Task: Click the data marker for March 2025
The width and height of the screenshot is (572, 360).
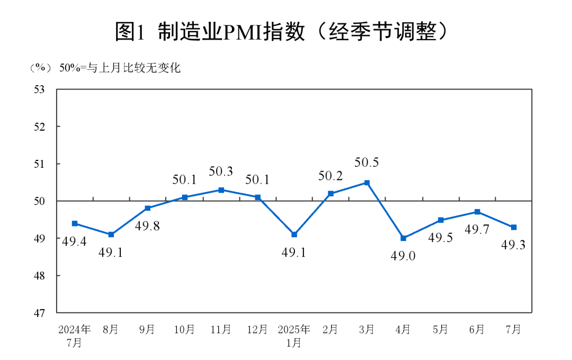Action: [367, 183]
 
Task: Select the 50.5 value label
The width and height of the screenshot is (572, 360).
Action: [367, 163]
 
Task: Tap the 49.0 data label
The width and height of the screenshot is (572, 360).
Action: [404, 256]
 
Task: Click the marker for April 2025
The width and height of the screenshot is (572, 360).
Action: [404, 238]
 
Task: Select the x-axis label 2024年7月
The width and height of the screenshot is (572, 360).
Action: [75, 336]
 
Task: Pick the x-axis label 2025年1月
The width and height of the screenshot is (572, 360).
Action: [294, 336]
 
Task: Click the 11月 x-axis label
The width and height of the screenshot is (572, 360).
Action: [221, 329]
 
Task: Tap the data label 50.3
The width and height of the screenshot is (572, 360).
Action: [221, 171]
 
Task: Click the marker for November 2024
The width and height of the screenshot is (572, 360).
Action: [221, 190]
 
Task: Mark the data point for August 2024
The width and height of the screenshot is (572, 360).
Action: [111, 235]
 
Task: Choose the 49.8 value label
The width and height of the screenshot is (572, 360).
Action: [147, 226]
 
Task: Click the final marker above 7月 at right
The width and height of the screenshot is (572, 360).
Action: [513, 227]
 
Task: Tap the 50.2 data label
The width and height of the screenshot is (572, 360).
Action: [330, 175]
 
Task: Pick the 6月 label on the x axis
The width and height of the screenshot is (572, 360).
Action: [477, 329]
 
